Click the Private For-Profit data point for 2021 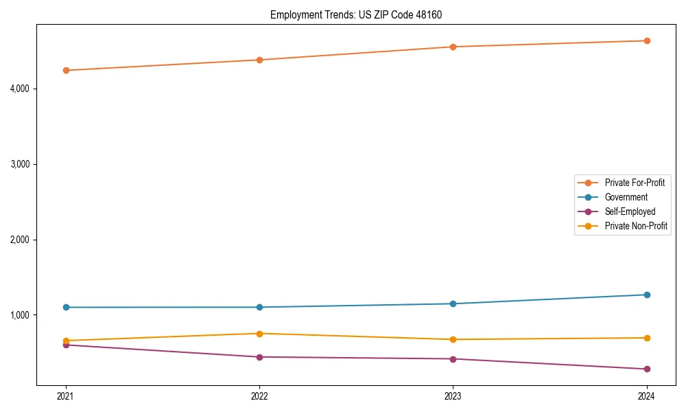click(x=66, y=70)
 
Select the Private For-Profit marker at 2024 click(x=647, y=41)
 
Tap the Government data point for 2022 click(x=259, y=307)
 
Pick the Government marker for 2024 click(x=647, y=295)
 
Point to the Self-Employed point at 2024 click(x=647, y=369)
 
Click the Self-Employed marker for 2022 click(x=259, y=357)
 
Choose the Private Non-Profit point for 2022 click(x=259, y=334)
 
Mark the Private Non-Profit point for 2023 click(x=453, y=339)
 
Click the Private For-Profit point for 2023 click(x=453, y=47)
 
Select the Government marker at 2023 click(x=453, y=304)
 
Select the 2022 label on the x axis click(x=259, y=396)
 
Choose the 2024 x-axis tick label click(x=647, y=396)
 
